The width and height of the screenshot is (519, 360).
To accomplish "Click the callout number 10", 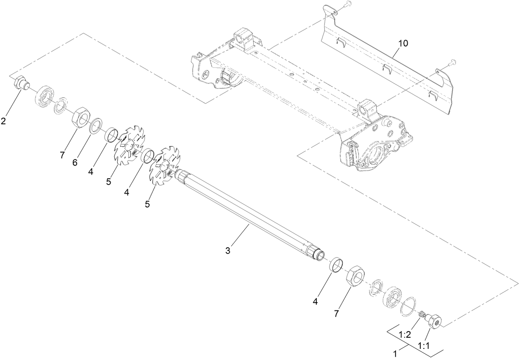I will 403,43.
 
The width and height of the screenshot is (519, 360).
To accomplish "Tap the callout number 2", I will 3,121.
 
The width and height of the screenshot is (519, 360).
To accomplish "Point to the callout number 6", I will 75,163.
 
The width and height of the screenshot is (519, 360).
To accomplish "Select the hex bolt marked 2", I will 21,83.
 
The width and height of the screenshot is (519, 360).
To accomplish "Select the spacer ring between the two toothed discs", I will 147,157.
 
